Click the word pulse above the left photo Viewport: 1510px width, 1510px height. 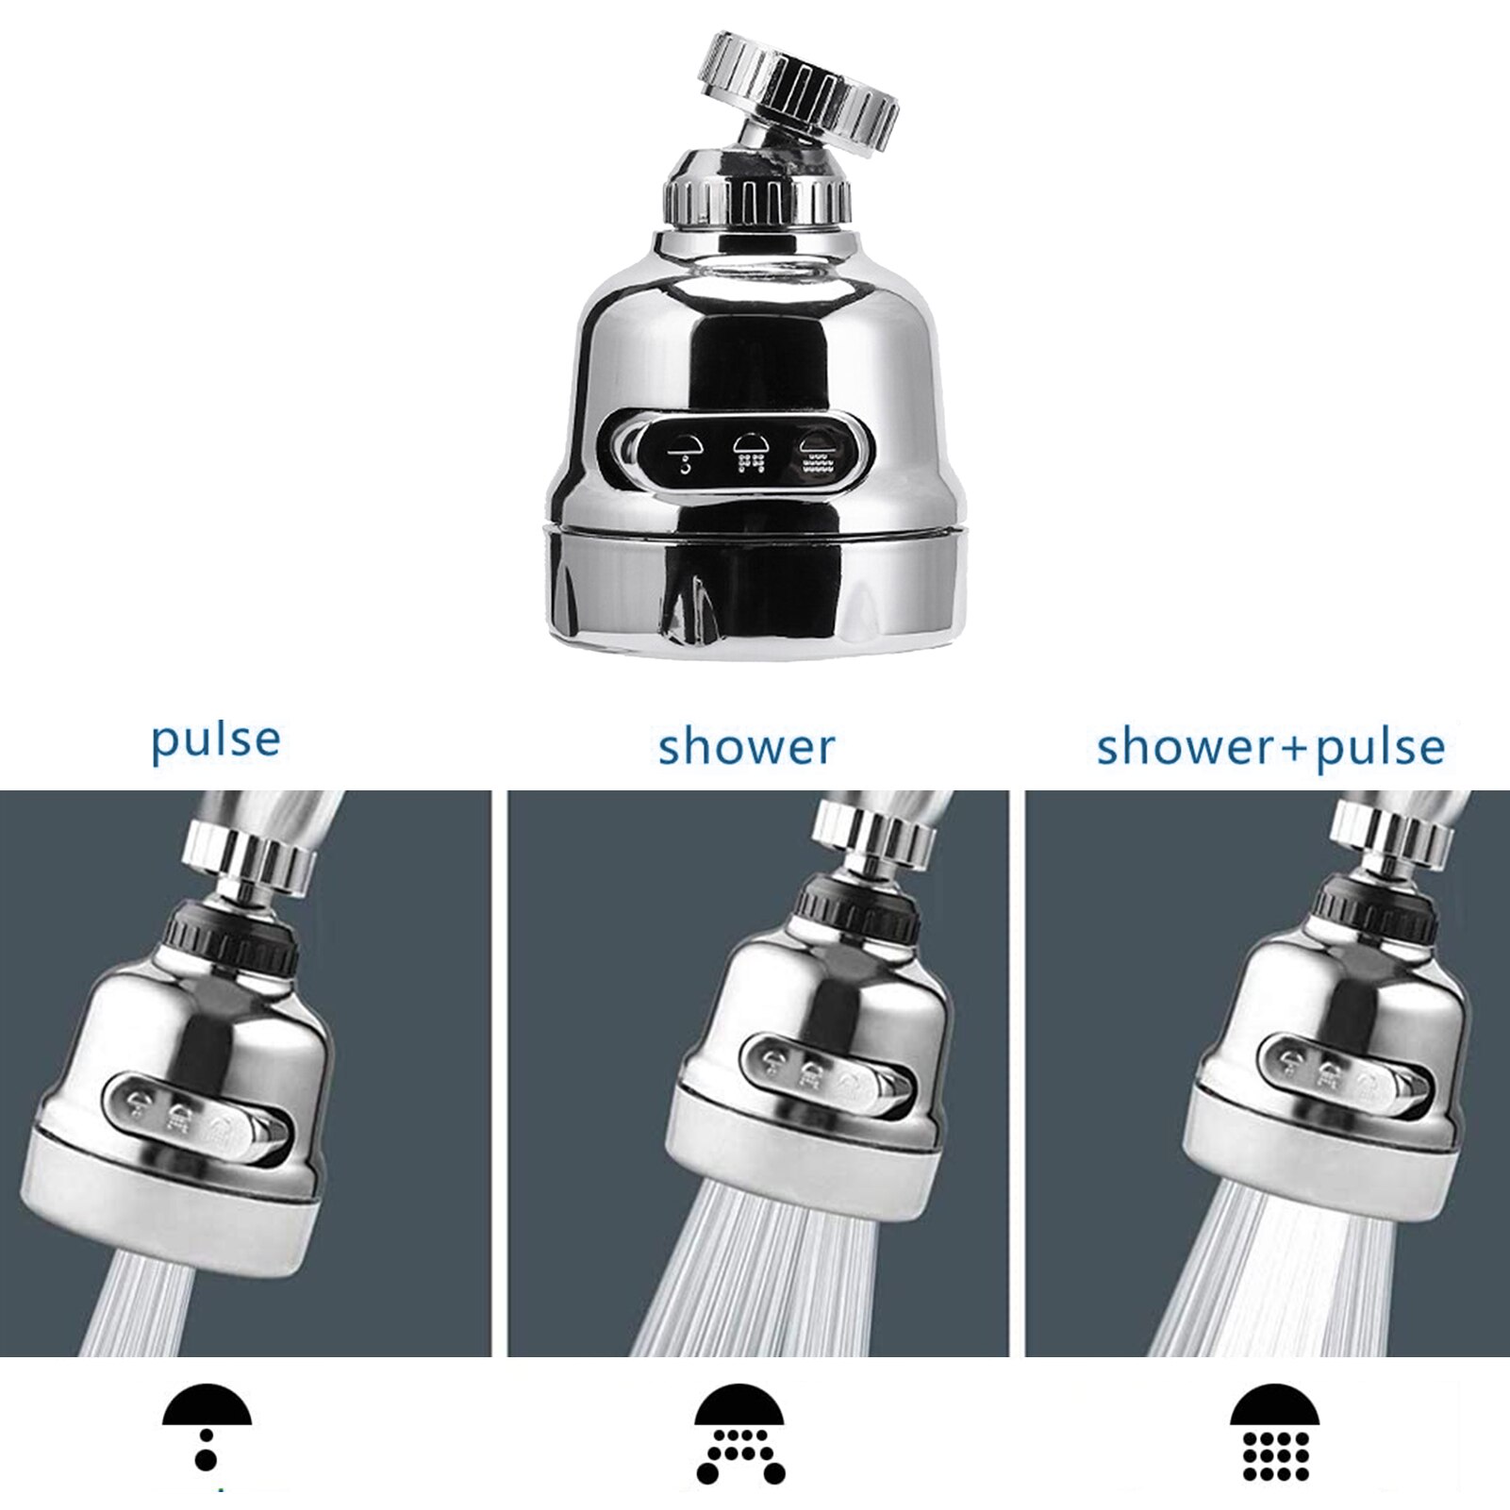(216, 740)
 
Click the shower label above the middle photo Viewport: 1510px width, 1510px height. (746, 747)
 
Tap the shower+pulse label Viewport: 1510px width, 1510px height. (1270, 748)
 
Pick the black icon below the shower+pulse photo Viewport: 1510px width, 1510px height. (1274, 1433)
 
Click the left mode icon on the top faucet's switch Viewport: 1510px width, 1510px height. (685, 455)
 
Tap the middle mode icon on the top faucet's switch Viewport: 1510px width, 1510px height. (750, 453)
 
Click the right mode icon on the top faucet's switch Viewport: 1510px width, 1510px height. (816, 453)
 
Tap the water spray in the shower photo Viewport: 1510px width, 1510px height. (755, 1292)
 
